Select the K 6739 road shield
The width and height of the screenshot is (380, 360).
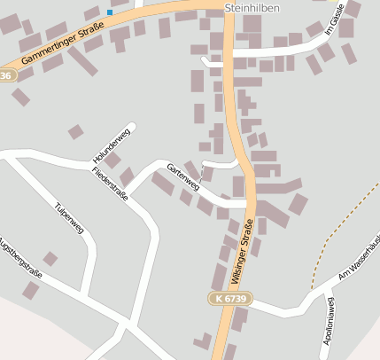(231, 300)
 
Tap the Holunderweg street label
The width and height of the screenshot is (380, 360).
(111, 146)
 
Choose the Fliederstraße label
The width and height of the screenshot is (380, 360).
(110, 183)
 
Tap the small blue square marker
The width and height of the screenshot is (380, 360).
(110, 12)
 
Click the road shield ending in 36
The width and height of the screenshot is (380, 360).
(6, 76)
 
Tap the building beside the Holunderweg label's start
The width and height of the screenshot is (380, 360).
(76, 132)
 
